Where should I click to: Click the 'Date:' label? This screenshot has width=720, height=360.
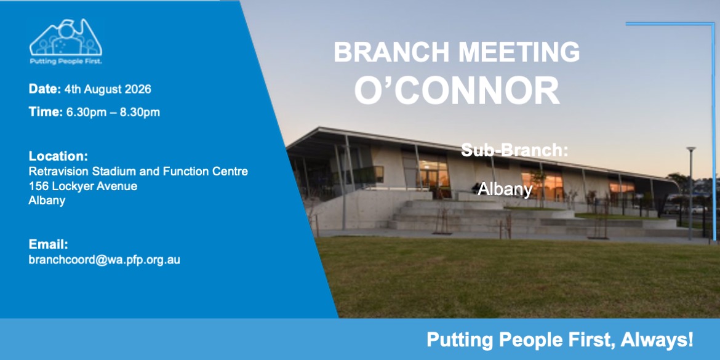(45, 89)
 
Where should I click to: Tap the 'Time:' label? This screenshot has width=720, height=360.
(46, 112)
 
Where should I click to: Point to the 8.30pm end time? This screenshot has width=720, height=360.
(140, 113)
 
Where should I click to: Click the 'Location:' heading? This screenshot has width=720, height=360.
(58, 156)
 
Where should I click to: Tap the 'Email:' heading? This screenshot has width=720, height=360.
(48, 244)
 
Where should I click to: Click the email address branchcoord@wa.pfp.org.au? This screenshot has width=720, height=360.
(104, 260)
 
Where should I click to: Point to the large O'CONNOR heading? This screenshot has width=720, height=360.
(457, 91)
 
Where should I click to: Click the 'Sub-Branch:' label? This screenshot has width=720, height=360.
(514, 150)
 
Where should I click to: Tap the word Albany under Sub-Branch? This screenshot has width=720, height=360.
(505, 189)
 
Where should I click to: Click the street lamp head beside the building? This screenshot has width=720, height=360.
(691, 150)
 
